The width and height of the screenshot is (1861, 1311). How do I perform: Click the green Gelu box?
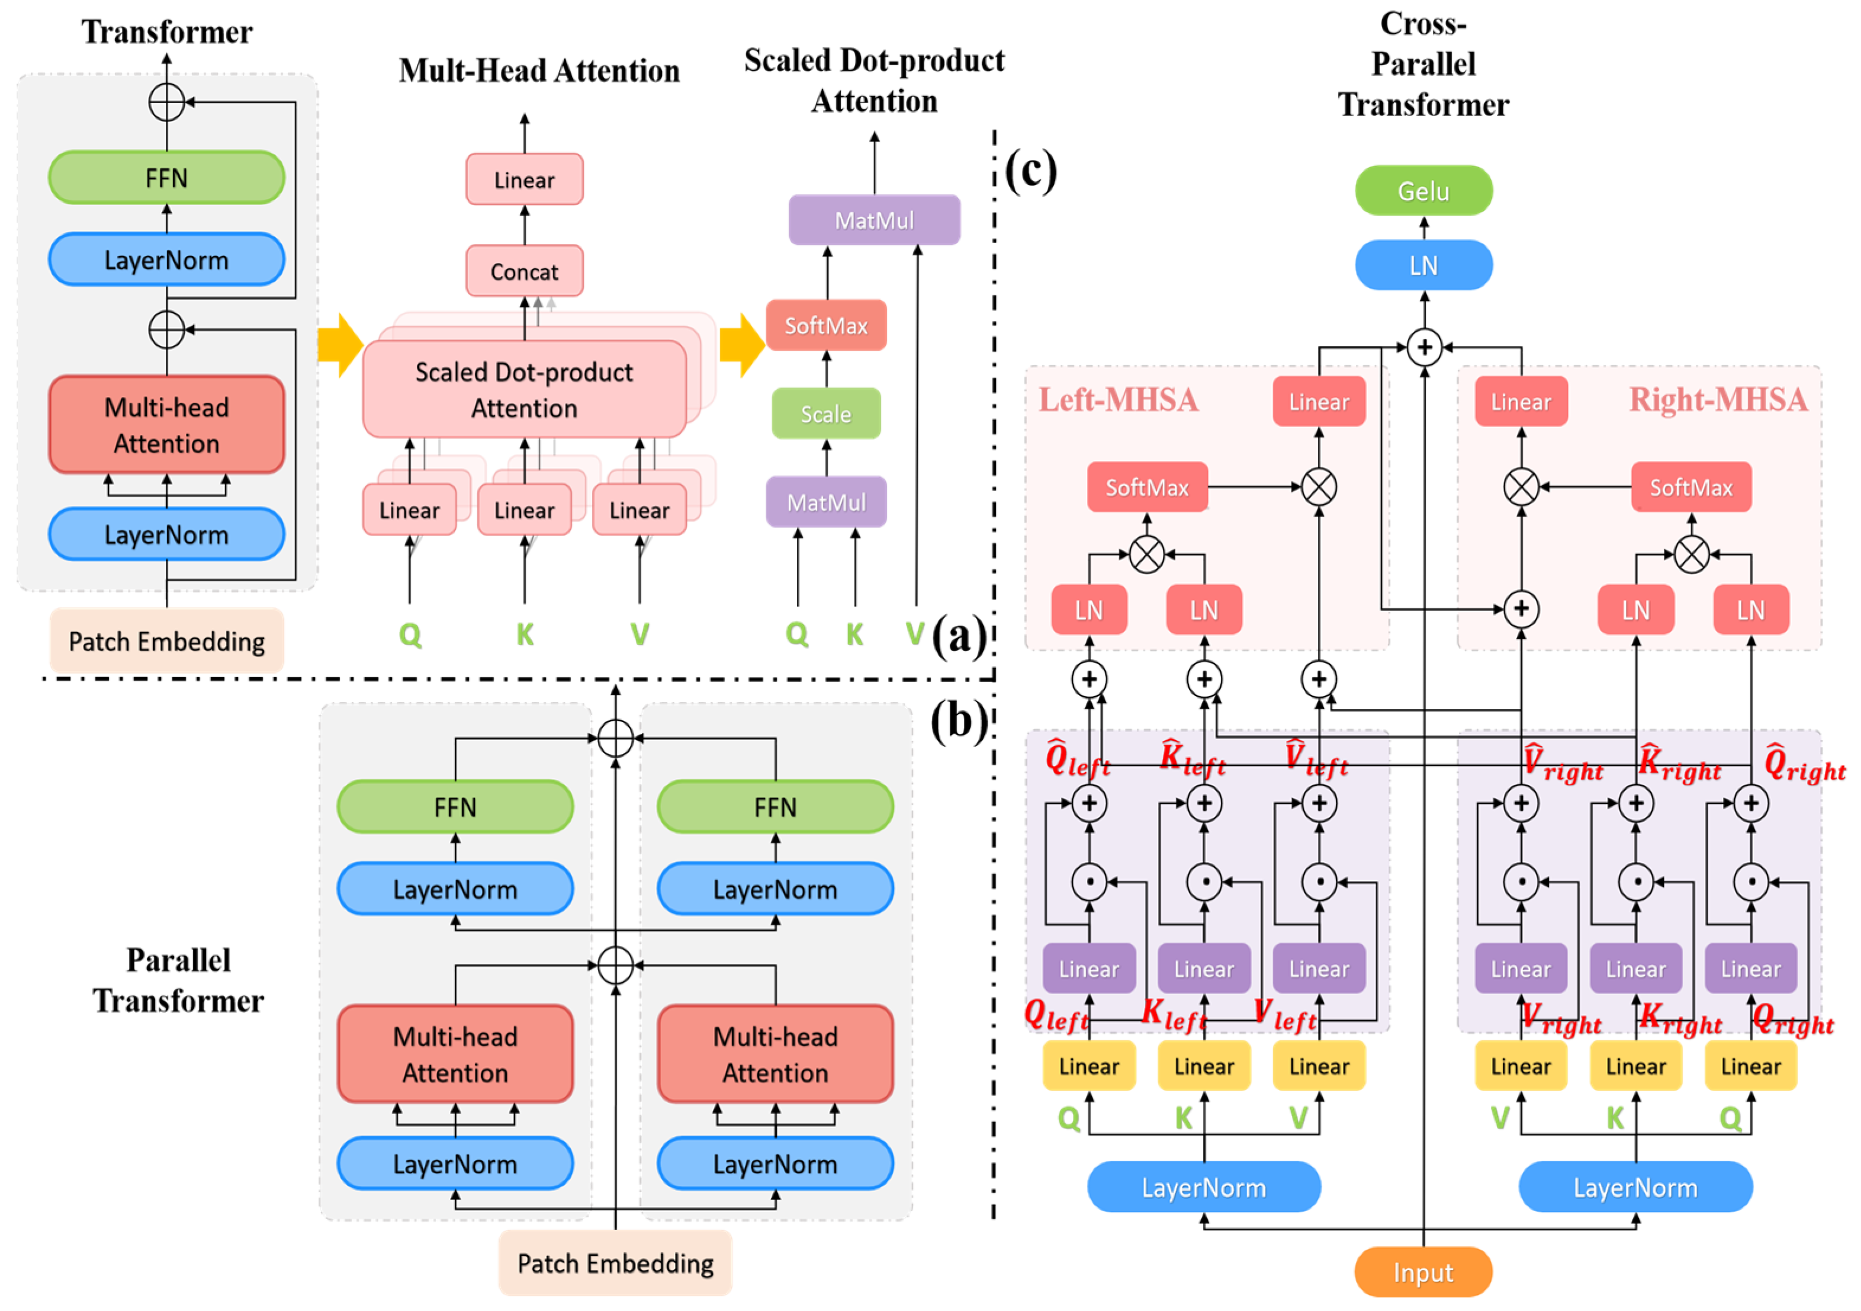click(1423, 191)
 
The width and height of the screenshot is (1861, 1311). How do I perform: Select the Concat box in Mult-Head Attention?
click(525, 271)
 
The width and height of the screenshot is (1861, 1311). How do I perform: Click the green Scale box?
click(826, 414)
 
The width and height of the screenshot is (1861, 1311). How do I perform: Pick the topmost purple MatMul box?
click(875, 220)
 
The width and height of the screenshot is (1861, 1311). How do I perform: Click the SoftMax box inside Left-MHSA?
click(1147, 488)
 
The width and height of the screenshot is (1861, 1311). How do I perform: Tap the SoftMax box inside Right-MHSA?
click(1691, 488)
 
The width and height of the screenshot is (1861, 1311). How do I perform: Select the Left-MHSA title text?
click(1118, 400)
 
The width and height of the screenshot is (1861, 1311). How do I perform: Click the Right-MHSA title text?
click(1718, 400)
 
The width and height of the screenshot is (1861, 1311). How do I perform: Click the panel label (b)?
click(959, 720)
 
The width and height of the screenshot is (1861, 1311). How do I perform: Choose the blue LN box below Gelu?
click(1423, 265)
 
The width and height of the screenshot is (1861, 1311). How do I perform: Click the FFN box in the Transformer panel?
click(166, 178)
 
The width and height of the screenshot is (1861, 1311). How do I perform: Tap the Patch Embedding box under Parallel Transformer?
click(615, 1263)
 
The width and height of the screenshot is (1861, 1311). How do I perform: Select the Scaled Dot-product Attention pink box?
click(525, 390)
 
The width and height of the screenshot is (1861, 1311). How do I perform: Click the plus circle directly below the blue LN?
click(1424, 348)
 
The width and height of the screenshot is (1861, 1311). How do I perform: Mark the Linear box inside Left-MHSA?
click(1319, 401)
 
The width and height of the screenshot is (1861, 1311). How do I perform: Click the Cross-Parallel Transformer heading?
click(1423, 65)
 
